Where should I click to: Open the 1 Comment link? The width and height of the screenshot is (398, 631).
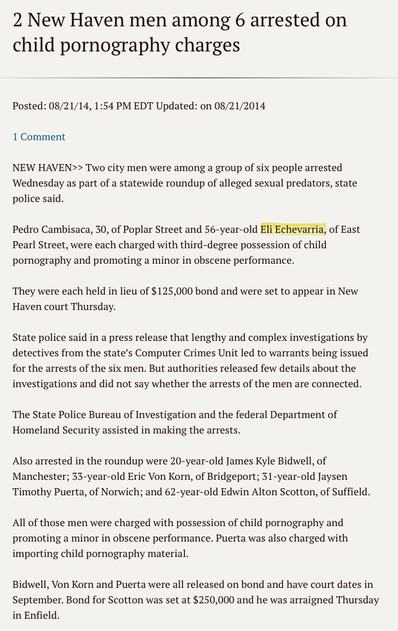coord(39,137)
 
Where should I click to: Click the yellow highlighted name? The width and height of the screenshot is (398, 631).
coord(293,230)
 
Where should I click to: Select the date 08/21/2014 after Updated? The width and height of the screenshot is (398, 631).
coord(240,106)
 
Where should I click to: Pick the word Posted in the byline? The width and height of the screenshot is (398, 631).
coord(28,106)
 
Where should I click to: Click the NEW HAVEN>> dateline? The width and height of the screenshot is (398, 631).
coord(48,168)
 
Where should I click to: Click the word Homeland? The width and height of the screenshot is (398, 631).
coord(35,430)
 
